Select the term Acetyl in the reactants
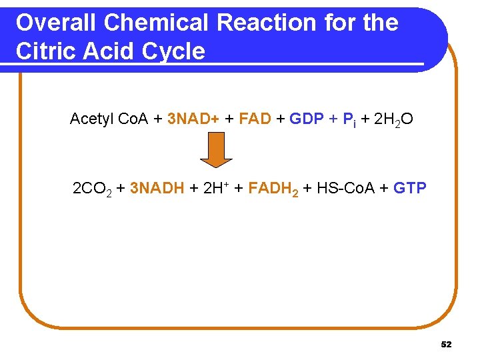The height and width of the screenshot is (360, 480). point(91,119)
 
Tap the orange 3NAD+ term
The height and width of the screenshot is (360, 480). point(193,119)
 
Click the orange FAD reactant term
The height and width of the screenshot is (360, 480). point(255,119)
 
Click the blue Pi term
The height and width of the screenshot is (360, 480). point(348,120)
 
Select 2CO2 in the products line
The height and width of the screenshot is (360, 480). point(91,189)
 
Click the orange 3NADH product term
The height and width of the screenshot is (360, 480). point(157,188)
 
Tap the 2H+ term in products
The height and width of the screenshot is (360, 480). point(215,188)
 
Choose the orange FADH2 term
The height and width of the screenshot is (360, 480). point(272,189)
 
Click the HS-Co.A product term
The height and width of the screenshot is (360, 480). point(347,188)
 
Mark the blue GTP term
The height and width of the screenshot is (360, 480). point(410,188)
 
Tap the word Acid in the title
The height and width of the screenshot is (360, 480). point(111,51)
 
